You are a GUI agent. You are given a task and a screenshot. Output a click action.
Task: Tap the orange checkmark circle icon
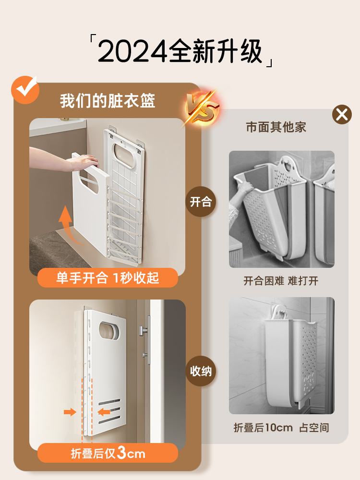tap(25, 89)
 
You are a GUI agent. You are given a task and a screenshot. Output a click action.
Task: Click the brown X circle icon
tap(342, 115)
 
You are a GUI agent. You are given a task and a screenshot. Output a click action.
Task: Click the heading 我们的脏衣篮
tap(108, 101)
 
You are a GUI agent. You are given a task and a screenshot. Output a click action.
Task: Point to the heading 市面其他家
tap(276, 127)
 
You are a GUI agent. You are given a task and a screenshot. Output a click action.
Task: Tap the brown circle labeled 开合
tap(200, 202)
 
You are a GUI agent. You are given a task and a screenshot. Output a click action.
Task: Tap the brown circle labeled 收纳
tap(200, 371)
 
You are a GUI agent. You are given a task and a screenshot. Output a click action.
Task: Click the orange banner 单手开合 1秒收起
tap(108, 278)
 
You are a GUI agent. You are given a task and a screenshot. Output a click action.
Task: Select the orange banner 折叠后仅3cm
tap(108, 453)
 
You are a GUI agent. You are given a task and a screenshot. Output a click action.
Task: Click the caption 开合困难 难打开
tap(281, 281)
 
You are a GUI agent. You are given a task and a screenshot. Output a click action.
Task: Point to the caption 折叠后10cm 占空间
tap(281, 428)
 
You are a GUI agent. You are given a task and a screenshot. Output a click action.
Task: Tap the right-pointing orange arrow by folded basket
tap(70, 412)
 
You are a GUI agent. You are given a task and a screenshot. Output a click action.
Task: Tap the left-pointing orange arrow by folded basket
tap(104, 412)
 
